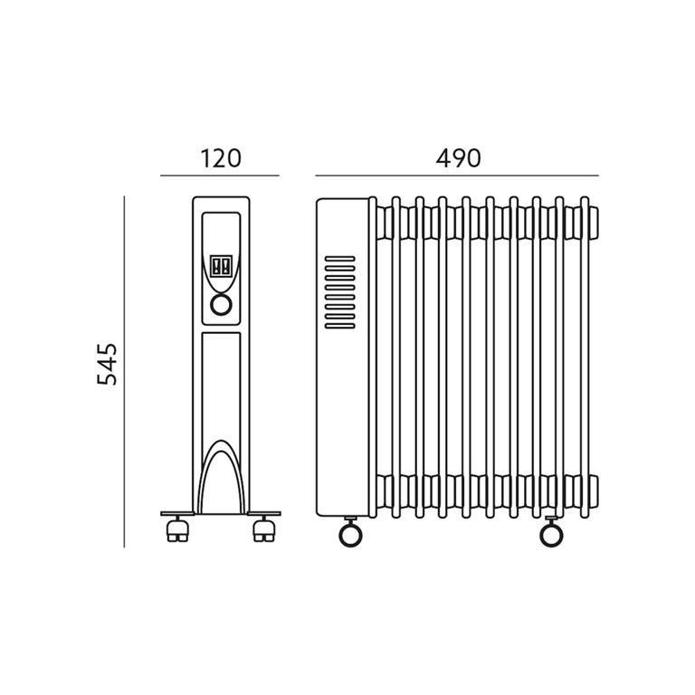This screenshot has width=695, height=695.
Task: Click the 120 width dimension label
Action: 221,158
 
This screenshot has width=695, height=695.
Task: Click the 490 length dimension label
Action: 458,158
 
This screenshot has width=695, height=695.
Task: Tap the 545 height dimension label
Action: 108,364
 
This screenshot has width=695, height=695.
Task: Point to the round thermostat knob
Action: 221,305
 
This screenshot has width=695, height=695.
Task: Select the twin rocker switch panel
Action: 221,266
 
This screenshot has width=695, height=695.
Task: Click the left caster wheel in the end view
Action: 177,531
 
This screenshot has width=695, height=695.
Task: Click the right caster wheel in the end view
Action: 264,531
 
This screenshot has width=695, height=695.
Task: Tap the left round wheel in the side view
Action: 350,535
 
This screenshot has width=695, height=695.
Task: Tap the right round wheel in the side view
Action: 551,535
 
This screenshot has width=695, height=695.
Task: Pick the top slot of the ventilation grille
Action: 340,259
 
